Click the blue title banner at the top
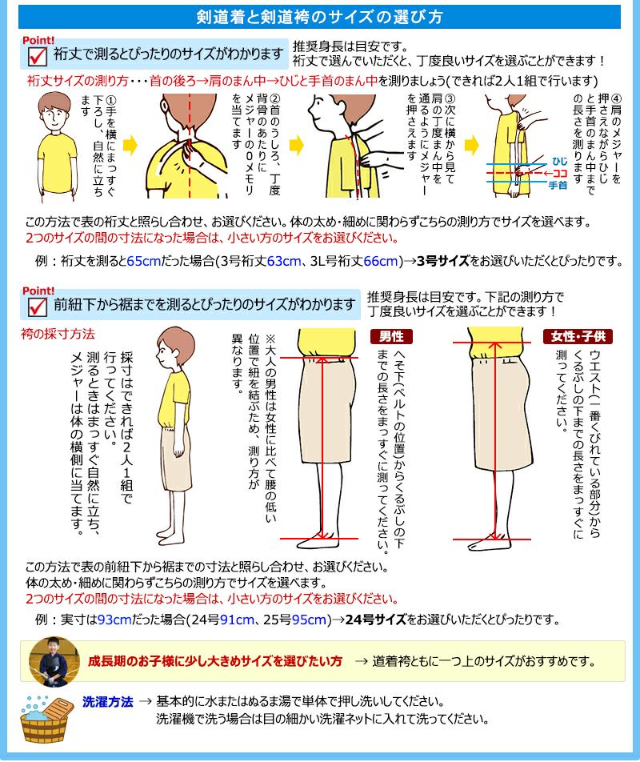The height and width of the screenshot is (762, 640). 319,17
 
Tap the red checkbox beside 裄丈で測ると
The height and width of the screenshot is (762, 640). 37,56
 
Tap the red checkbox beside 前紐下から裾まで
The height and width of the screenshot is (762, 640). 37,307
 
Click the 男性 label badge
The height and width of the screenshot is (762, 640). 391,336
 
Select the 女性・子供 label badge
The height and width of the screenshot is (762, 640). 578,336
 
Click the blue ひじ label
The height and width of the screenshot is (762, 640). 559,162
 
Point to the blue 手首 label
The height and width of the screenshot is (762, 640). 558,185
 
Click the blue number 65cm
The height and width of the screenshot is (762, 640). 144,262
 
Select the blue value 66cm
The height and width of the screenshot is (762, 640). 381,262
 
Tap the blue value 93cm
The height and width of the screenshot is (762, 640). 114,620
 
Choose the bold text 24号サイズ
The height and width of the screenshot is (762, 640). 375,620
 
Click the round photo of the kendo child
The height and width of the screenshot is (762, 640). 54,661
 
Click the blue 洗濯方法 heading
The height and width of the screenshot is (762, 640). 107,702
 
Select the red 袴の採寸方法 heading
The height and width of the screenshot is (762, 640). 58,334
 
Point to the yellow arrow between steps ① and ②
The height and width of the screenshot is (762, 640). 130,146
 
